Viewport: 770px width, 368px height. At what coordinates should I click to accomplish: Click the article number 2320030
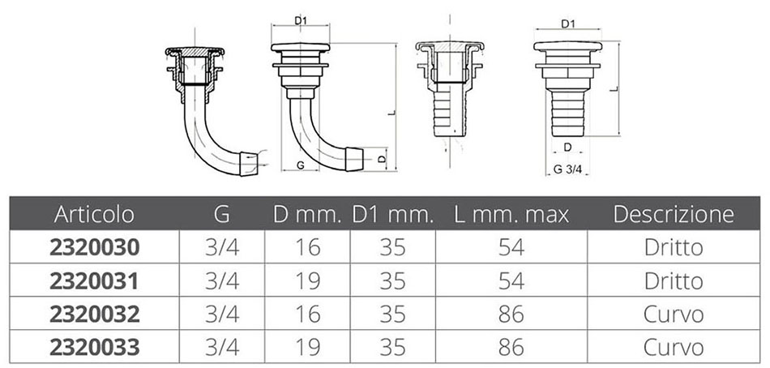94,247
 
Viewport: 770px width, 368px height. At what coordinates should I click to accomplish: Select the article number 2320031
94,281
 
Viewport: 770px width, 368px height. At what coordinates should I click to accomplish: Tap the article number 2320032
94,315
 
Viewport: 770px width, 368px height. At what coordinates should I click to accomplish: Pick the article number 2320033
94,348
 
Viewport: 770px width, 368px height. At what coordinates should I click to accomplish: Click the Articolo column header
94,214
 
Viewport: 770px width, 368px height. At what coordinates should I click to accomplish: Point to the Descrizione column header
674,214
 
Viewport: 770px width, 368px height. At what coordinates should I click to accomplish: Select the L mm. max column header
511,214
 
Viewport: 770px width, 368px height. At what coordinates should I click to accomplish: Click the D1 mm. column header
393,214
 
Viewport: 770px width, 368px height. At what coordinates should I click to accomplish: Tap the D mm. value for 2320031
307,281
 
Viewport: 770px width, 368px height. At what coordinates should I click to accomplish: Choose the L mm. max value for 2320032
511,315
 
